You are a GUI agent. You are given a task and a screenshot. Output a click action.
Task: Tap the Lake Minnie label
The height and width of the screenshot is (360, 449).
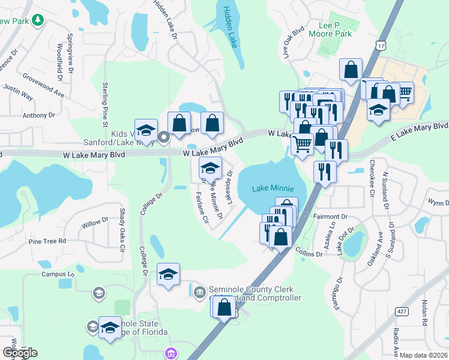coord(270,188)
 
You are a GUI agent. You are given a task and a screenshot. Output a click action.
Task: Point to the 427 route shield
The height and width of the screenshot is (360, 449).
coord(402,310)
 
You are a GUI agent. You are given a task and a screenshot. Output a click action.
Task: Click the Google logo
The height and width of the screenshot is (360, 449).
coord(19,353)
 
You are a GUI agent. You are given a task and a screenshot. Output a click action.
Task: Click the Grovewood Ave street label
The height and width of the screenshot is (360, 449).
coord(44,86)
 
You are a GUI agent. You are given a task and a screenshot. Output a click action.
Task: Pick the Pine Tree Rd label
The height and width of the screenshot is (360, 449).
coord(47,241)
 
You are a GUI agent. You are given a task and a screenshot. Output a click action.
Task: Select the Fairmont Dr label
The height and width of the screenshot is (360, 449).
coord(331,216)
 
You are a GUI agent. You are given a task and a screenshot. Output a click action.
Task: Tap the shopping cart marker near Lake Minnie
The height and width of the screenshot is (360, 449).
coord(301,143)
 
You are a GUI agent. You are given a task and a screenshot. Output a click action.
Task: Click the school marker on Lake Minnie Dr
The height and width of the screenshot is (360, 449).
coord(210,167)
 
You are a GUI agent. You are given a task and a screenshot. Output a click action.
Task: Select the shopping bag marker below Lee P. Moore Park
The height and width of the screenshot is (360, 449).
coord(350,70)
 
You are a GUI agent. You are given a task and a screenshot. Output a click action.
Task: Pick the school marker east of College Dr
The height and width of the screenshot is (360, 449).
coord(169,274)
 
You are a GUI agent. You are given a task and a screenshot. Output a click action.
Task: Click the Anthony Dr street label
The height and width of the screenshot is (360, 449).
coord(38,115)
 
